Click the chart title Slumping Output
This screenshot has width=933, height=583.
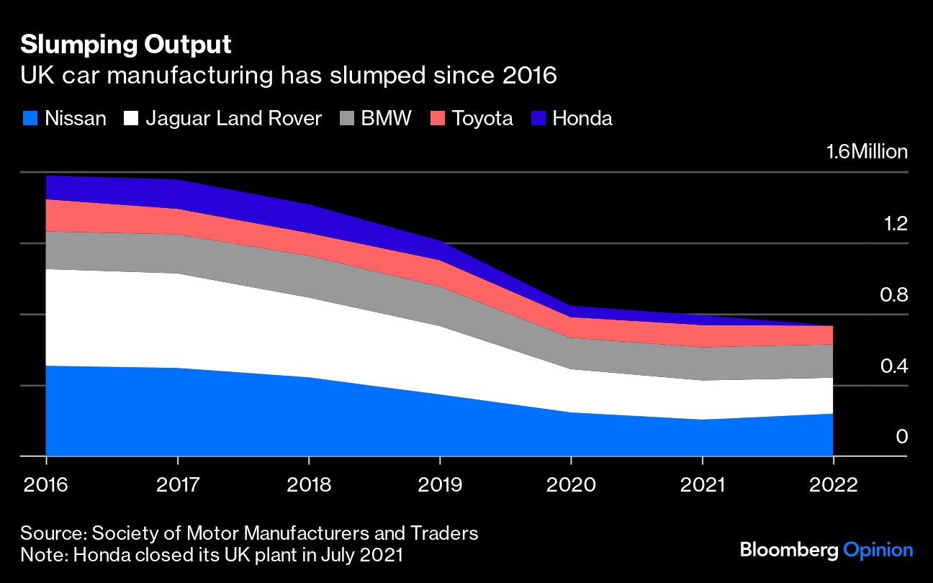tap(126, 45)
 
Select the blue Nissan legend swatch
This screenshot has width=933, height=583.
tap(30, 118)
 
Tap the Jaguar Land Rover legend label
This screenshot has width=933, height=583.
tap(233, 118)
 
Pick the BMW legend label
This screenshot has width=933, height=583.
tap(386, 118)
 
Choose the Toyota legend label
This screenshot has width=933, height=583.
tap(482, 118)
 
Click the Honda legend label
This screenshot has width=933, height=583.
tap(582, 118)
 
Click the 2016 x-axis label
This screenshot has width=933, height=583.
tap(46, 484)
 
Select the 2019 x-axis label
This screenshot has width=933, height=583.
tap(440, 484)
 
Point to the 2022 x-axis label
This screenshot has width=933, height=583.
tap(833, 484)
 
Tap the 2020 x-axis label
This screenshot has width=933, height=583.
tap(571, 484)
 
